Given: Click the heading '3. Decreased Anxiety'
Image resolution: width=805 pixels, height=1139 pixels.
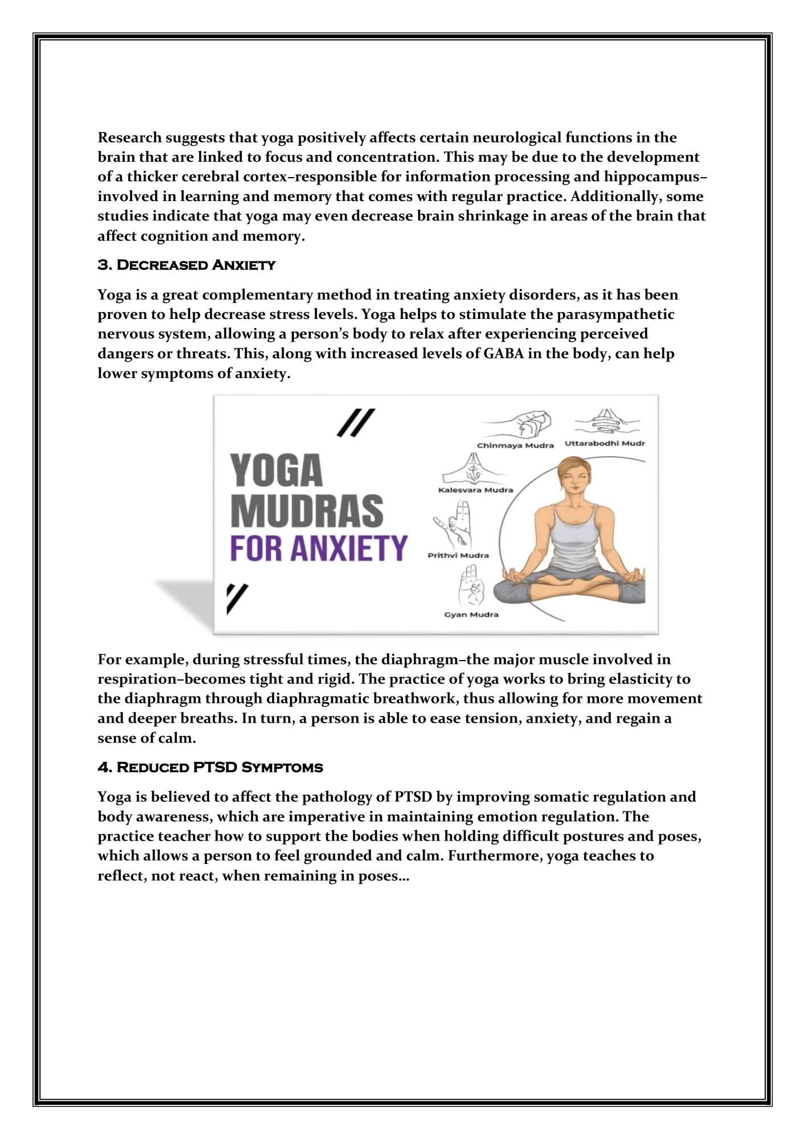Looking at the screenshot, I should [x=186, y=265].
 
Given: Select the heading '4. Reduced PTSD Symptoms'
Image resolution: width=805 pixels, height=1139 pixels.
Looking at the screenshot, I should [x=210, y=767].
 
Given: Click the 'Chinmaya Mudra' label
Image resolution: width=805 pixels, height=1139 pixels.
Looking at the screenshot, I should [x=515, y=445].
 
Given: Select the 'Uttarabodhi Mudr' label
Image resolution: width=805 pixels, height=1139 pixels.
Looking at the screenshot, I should [x=605, y=443].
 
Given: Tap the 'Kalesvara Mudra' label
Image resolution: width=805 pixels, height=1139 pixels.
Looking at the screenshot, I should [x=475, y=490].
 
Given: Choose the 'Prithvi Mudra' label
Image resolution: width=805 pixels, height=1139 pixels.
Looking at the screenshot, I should [x=458, y=555].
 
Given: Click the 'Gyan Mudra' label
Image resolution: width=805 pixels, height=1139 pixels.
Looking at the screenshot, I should [x=471, y=614].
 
